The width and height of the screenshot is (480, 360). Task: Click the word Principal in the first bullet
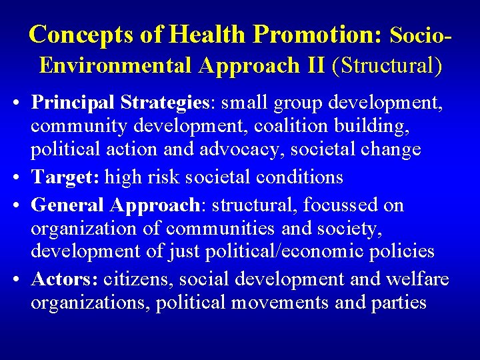click(x=73, y=103)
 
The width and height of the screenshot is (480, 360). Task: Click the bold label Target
click(x=67, y=177)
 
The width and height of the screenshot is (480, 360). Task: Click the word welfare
click(x=418, y=278)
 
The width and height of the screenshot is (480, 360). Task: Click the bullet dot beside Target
click(x=19, y=178)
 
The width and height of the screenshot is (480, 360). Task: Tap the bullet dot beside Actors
click(x=19, y=279)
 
